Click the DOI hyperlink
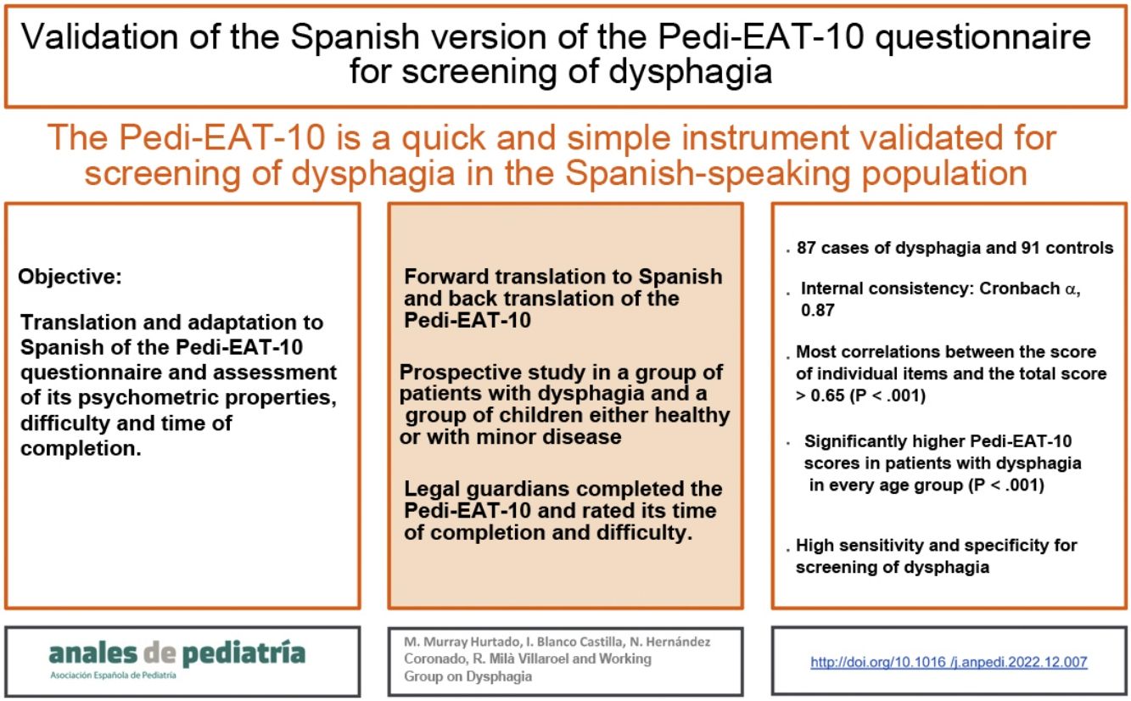[949, 662]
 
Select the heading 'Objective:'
[70, 277]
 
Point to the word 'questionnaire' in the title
[983, 38]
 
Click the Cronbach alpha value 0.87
[818, 310]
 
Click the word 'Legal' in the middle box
[432, 489]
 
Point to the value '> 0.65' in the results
[820, 395]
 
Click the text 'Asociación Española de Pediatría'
[113, 676]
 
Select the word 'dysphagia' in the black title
[690, 72]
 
